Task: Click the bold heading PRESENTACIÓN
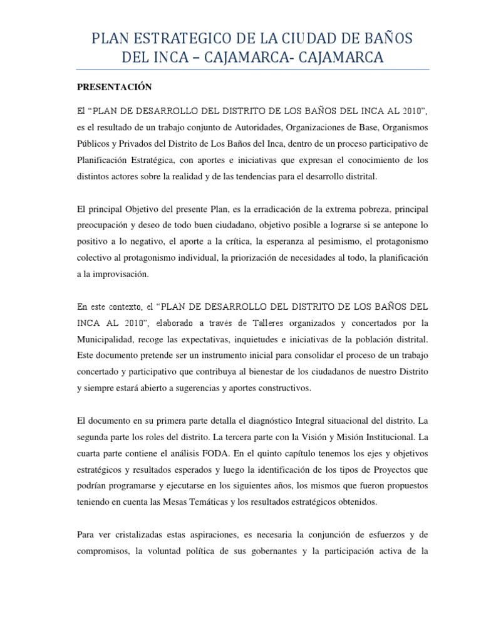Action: tap(114, 87)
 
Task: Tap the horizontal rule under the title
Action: tap(252, 69)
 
